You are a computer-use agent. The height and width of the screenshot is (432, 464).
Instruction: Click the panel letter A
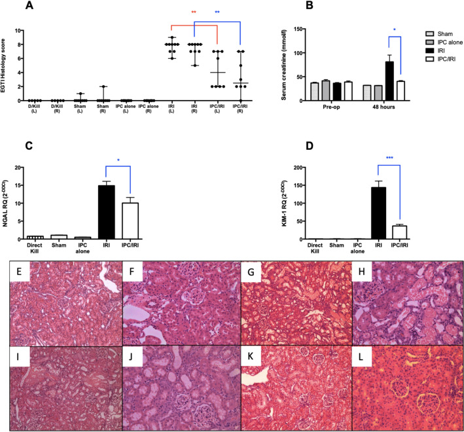(x=29, y=6)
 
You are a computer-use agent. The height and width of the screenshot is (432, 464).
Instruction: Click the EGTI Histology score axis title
(x=7, y=66)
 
